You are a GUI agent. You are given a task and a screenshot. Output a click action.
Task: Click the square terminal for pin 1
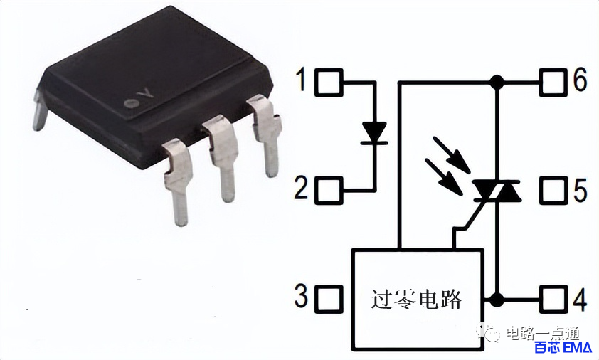pos(329,82)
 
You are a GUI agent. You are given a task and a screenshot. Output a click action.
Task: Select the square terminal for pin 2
pos(329,191)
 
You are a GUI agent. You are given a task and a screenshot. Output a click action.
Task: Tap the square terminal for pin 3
pos(329,300)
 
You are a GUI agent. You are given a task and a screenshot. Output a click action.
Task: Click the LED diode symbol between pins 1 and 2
pos(374,133)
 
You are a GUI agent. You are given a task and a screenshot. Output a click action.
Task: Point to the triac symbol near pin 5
pos(497,191)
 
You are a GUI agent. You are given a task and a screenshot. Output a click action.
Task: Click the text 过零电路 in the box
pos(417,300)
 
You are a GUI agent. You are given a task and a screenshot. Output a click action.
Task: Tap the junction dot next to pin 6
pos(497,82)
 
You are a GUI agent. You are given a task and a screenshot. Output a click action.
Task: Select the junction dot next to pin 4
pos(497,300)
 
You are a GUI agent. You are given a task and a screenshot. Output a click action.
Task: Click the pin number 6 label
pos(581,80)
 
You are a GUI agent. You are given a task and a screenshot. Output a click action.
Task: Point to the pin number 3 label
pos(301,296)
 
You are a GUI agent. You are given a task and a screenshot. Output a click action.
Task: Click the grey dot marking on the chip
pos(132,103)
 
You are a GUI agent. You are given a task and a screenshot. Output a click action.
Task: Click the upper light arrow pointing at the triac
pos(452,155)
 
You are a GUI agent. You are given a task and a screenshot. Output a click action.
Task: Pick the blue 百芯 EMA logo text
pos(563,348)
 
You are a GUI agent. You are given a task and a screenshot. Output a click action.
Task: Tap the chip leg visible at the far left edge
pos(39,110)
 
